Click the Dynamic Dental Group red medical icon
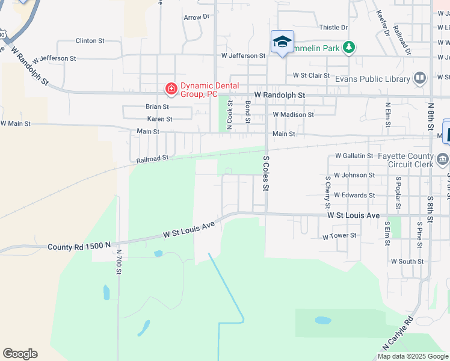pos(171,89)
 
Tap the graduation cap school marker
pos(282,42)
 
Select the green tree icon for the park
pos(348,47)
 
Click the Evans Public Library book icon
pos(420,78)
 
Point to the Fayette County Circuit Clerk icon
pos(443,159)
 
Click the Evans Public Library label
pos(372,79)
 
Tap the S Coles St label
pos(265,173)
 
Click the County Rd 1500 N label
pos(79,246)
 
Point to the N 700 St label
pos(119,262)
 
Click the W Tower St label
pos(339,236)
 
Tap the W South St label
pos(407,262)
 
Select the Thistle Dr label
pos(333,28)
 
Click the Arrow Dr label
pos(197,17)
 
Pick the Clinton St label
pos(90,41)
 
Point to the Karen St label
pos(159,119)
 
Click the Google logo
pos(20,354)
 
